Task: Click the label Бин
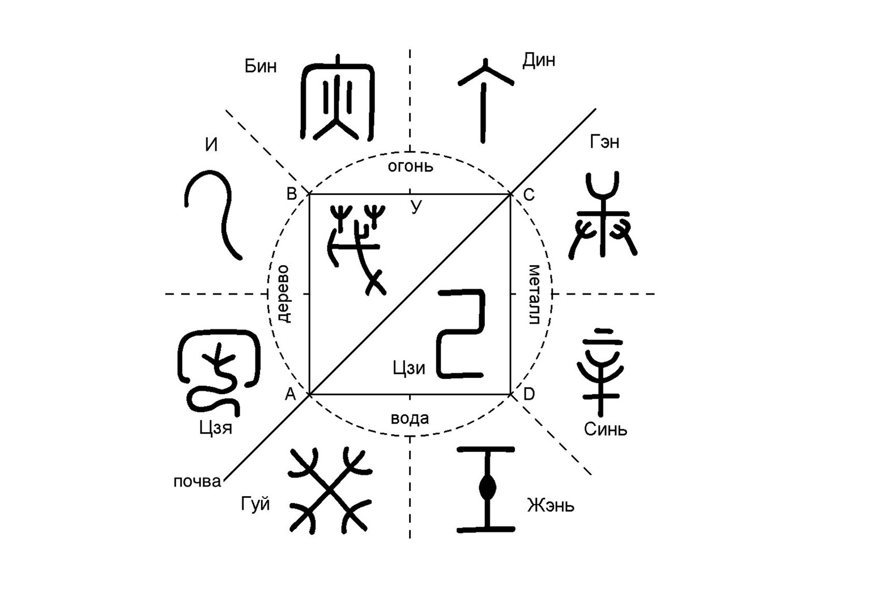tap(261, 66)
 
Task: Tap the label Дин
tap(538, 60)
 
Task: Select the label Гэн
tap(604, 142)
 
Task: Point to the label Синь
tap(606, 429)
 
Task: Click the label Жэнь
tap(550, 505)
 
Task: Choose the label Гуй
tap(255, 504)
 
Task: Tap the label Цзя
tap(215, 427)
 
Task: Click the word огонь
tap(410, 166)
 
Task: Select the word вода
tap(410, 419)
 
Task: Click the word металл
tap(534, 294)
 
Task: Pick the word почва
tap(197, 482)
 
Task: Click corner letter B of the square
tap(292, 194)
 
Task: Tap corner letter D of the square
tap(529, 394)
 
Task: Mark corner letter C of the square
tap(529, 195)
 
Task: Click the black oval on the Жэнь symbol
tap(486, 488)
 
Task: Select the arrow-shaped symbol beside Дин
tap(484, 99)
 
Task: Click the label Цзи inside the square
tap(408, 368)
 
